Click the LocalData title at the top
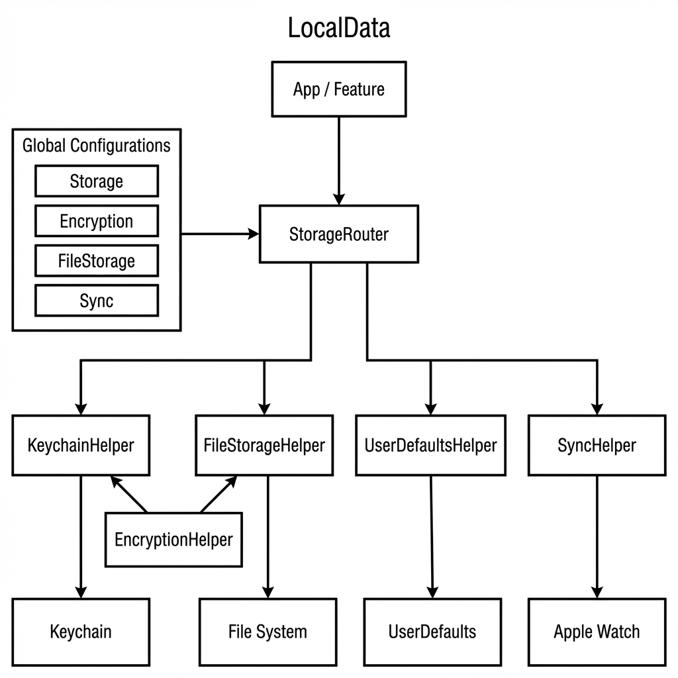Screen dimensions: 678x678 [338, 28]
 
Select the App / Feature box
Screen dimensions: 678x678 [338, 89]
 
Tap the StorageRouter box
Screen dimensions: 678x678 [338, 234]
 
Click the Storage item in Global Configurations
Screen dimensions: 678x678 [97, 181]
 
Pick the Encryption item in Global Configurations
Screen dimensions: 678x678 [97, 221]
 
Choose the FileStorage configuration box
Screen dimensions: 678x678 [97, 261]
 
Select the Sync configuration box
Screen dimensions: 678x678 [97, 301]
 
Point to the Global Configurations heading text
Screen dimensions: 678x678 [97, 146]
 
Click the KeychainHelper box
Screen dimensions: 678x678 [81, 446]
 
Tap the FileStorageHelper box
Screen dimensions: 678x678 [264, 446]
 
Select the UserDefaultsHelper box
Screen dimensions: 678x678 [430, 446]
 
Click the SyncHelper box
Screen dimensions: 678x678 [597, 446]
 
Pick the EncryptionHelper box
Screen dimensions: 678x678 [173, 540]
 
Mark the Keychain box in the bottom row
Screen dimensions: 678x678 [81, 632]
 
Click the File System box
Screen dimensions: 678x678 [267, 632]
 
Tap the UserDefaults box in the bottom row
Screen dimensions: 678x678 [432, 632]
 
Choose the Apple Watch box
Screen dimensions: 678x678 [597, 632]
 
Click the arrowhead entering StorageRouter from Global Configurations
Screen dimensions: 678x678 [253, 234]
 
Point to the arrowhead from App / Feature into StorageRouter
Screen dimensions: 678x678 [338, 199]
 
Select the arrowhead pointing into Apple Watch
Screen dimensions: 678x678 [597, 592]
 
